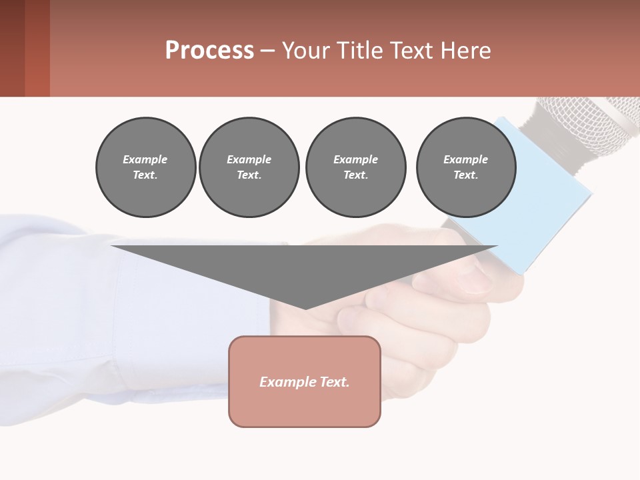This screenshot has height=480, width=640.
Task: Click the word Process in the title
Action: [x=209, y=51]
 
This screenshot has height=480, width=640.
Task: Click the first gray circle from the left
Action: [x=145, y=167]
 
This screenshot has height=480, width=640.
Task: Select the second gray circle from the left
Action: [x=249, y=167]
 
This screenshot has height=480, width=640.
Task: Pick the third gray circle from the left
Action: [x=356, y=167]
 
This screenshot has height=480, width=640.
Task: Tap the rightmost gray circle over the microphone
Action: [x=466, y=167]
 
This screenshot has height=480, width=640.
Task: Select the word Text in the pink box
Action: [x=334, y=382]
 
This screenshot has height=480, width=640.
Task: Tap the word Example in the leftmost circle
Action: [x=145, y=159]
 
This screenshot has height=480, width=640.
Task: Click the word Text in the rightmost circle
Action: [x=465, y=175]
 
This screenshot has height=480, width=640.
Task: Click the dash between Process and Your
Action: [x=267, y=51]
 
